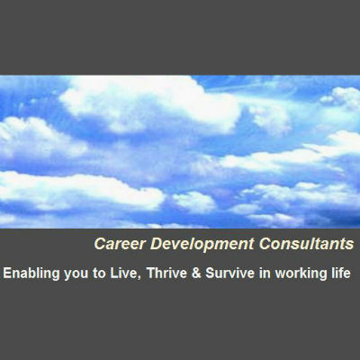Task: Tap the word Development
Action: (202, 245)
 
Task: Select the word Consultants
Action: (306, 244)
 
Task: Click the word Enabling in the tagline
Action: (31, 274)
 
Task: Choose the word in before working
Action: (265, 274)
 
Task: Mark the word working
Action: (301, 274)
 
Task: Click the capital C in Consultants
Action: (265, 244)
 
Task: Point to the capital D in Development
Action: (156, 244)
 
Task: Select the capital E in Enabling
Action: (7, 274)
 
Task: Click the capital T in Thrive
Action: (151, 274)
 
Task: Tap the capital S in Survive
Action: (211, 274)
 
